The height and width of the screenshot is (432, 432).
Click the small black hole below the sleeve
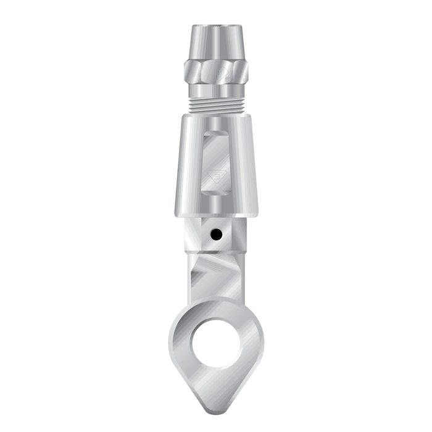(x=216, y=235)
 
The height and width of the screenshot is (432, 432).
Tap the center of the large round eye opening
(x=216, y=343)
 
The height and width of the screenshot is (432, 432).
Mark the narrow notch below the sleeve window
(x=216, y=204)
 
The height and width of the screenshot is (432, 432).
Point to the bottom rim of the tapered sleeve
(x=216, y=214)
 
